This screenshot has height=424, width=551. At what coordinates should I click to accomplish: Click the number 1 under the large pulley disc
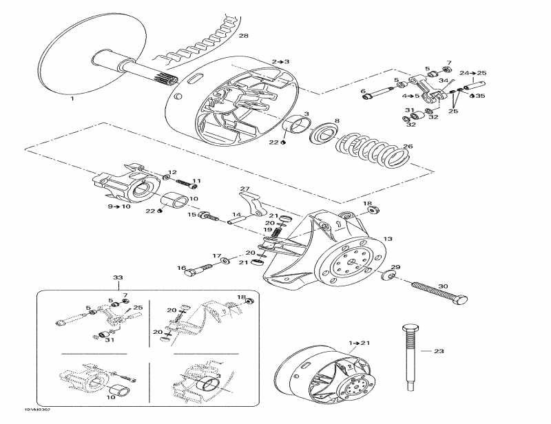[72, 99]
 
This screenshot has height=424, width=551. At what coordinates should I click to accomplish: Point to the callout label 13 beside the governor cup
[388, 239]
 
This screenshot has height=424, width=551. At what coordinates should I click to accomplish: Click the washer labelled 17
[226, 261]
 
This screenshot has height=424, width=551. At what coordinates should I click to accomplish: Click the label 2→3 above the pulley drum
[280, 62]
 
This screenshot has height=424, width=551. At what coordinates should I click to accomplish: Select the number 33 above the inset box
[118, 277]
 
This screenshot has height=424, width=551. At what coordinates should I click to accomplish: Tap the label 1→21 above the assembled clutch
[359, 342]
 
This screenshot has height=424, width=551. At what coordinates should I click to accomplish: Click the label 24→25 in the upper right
[472, 73]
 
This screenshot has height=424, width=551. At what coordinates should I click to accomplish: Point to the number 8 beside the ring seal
[337, 121]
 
